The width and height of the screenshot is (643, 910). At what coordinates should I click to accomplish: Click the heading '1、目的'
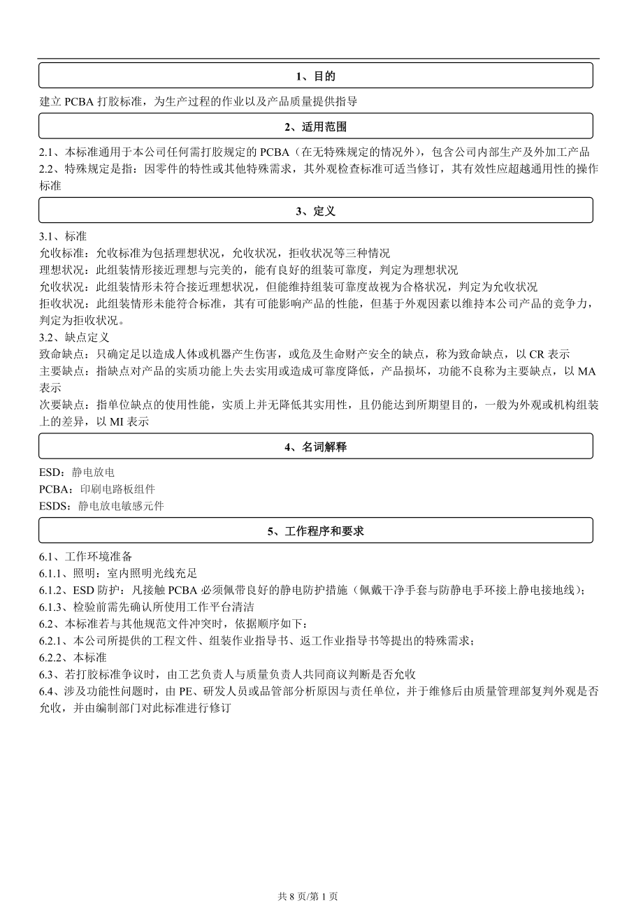(x=315, y=76)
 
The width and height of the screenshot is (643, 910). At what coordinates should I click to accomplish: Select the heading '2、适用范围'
(x=315, y=127)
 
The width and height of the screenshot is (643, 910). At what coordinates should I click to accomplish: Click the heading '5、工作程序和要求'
(x=315, y=531)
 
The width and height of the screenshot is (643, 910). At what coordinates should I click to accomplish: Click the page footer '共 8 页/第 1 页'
(x=308, y=896)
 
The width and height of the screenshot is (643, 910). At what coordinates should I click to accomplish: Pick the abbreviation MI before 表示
(x=116, y=421)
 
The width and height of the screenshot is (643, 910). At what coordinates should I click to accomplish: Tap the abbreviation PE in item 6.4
(x=185, y=691)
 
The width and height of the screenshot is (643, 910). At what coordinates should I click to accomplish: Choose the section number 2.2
(x=47, y=168)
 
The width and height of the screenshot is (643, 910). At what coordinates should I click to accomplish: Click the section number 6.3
(x=47, y=674)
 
